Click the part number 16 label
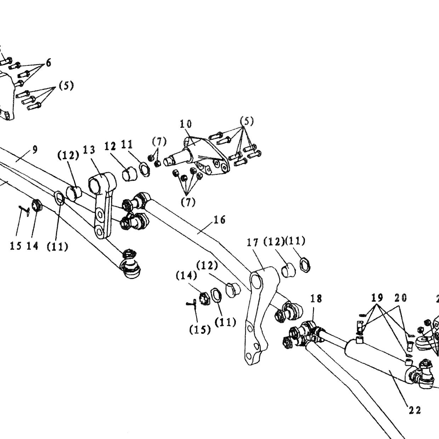219,219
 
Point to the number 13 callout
89,150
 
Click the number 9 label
35,150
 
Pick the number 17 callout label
253,243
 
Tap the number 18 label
316,298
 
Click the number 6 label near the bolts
49,63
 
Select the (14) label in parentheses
186,276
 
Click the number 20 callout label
401,298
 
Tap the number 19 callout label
377,297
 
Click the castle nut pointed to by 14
36,205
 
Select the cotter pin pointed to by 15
24,210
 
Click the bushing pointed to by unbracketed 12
130,173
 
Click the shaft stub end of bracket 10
168,162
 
